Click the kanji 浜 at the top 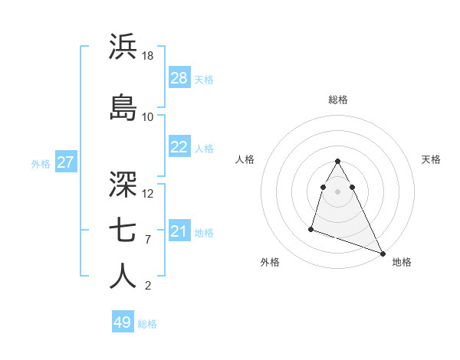click(123, 47)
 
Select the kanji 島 click(123, 108)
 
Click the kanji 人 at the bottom click(123, 277)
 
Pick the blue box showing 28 click(179, 78)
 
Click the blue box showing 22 click(179, 147)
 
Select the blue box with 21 click(179, 231)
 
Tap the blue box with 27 click(65, 162)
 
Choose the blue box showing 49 click(123, 322)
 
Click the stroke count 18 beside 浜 click(148, 56)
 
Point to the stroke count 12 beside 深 click(148, 194)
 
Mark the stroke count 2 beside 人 click(148, 286)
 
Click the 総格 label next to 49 click(147, 324)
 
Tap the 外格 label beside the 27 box click(41, 163)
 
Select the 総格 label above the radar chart click(338, 100)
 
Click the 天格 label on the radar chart click(432, 159)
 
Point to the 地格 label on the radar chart click(402, 263)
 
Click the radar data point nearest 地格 click(383, 254)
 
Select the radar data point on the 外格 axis click(311, 228)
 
